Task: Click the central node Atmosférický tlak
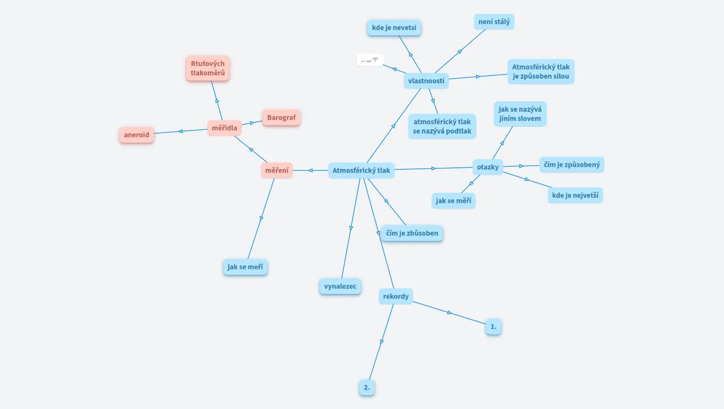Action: click(361, 170)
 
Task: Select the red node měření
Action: click(277, 170)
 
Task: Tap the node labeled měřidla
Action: click(224, 128)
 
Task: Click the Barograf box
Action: click(281, 118)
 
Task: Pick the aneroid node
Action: click(136, 135)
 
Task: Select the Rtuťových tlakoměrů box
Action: click(208, 68)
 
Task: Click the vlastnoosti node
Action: click(426, 81)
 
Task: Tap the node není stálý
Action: click(494, 22)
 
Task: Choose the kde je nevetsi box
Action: click(394, 28)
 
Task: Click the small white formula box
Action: click(369, 60)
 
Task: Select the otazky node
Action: click(488, 167)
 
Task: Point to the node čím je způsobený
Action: click(572, 165)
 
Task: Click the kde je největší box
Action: click(575, 195)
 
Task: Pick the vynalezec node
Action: click(340, 286)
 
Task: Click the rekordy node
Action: click(396, 296)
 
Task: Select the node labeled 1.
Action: click(493, 326)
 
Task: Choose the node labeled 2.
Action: click(367, 388)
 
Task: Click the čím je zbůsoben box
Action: click(412, 233)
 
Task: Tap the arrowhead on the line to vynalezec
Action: click(351, 228)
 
